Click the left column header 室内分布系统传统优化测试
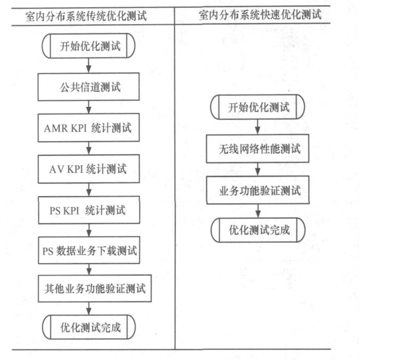pos(86,16)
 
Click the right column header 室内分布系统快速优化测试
pos(260,14)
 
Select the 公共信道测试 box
pos(89,87)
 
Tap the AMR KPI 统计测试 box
pos(89,127)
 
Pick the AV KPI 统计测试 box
pos(89,169)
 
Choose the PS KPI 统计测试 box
pos(89,210)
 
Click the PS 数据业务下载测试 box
pos(89,250)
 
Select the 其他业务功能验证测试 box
pos(95,289)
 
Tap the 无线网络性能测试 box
pos(258,148)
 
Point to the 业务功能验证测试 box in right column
pos(258,190)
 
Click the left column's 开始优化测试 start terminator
pos(89,46)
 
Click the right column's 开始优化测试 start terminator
pos(257,107)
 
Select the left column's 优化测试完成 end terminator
pos(89,327)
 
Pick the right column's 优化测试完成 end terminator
pos(259,230)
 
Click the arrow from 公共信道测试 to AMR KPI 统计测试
pos(89,107)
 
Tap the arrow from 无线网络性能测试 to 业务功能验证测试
pos(258,169)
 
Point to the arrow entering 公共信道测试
pos(89,66)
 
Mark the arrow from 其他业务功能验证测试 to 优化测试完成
pos(89,308)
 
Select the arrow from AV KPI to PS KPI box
pos(89,190)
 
